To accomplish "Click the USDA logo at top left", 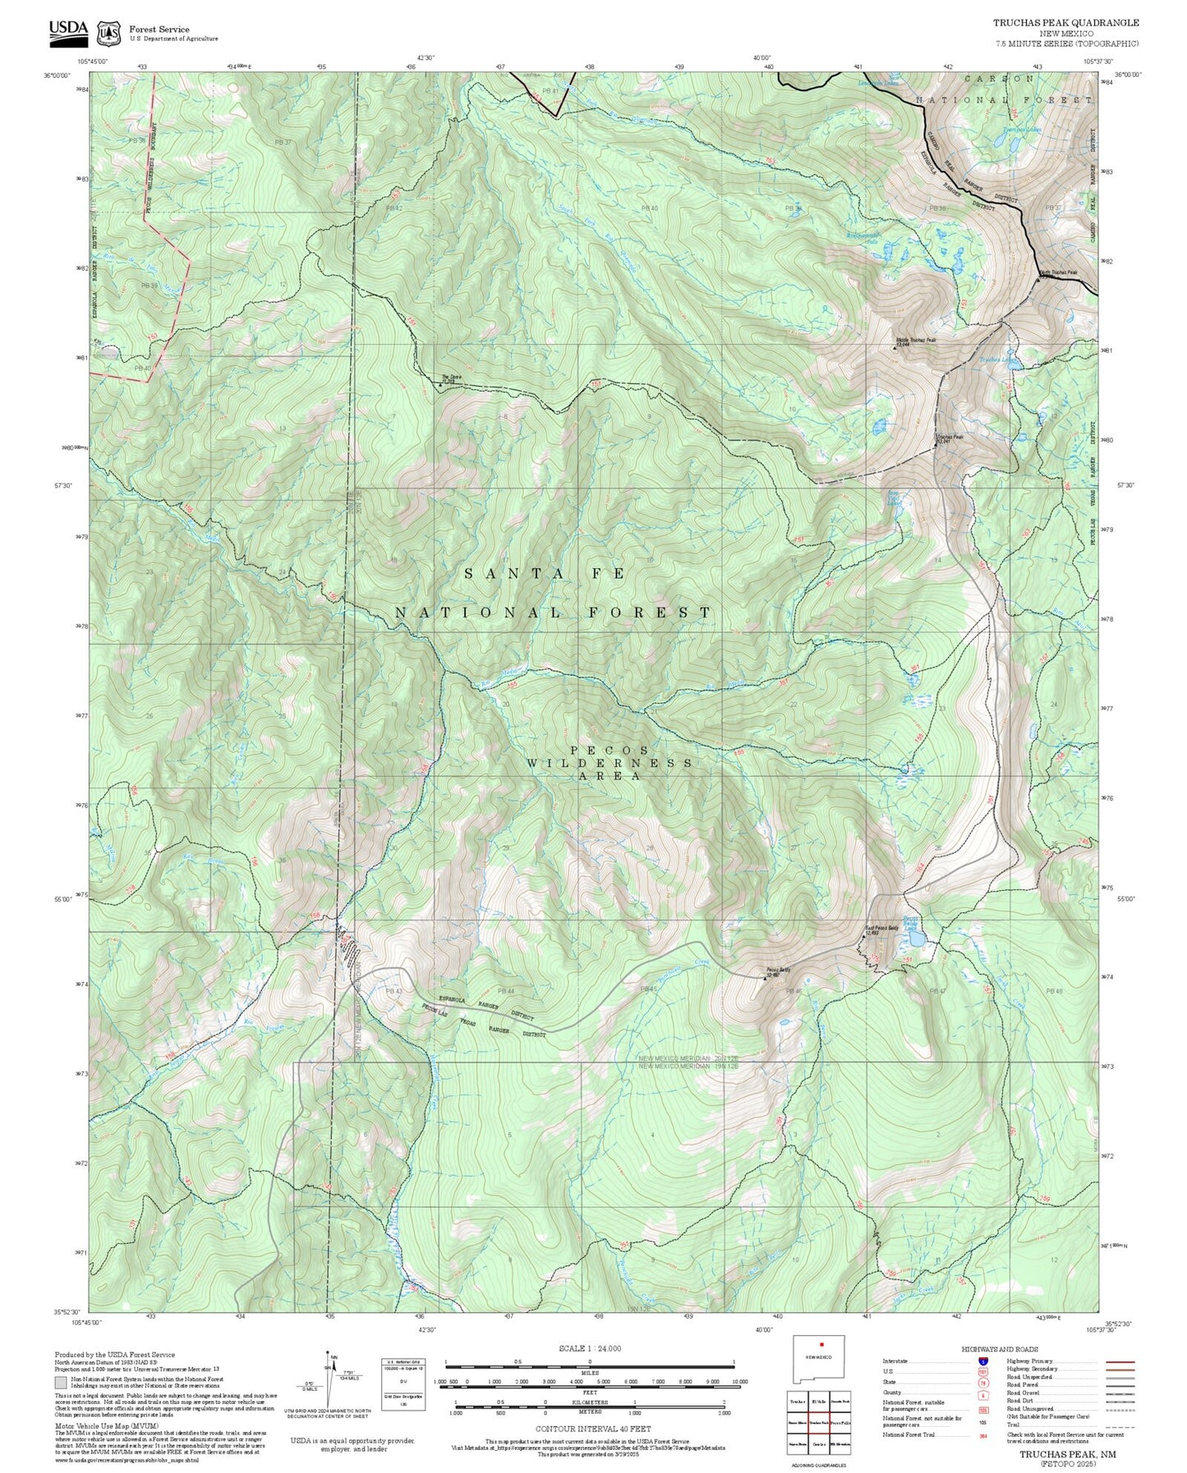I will coord(68,30).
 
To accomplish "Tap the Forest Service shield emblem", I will coord(108,33).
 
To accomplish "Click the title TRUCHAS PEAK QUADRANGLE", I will coord(1065,23).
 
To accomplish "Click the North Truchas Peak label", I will coord(1058,273).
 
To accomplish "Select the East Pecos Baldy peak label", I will coord(883,930).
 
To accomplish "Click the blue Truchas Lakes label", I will coord(996,360).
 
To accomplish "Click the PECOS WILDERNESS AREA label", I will coord(609,763).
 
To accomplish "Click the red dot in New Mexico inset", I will coord(821,1367).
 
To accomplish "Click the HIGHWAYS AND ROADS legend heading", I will coord(999,1350).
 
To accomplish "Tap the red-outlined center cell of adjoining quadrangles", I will coord(818,1421).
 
